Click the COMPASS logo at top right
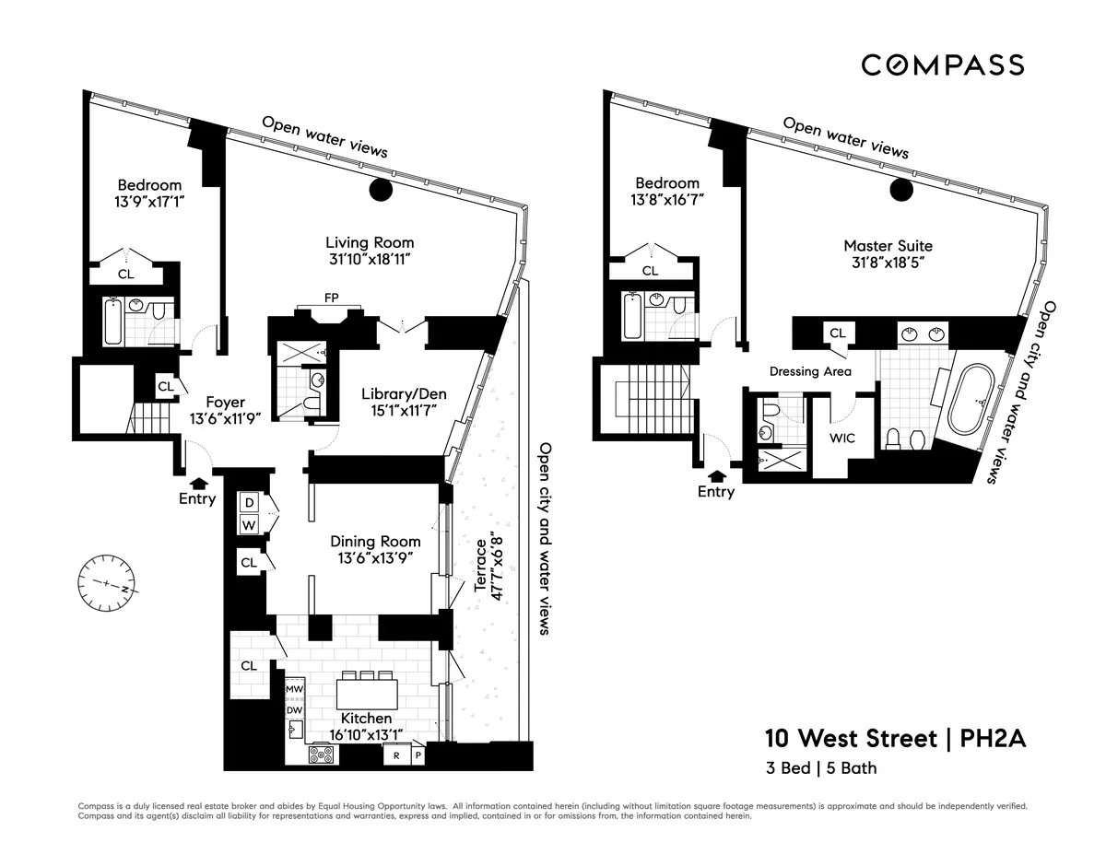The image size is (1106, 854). (x=942, y=64)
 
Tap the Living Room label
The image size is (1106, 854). (x=368, y=242)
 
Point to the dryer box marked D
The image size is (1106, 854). (x=249, y=503)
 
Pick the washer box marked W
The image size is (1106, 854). (x=249, y=525)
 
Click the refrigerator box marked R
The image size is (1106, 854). (x=395, y=755)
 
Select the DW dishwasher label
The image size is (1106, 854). (x=294, y=709)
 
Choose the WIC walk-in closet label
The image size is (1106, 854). (x=842, y=438)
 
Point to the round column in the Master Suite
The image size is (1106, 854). (x=900, y=189)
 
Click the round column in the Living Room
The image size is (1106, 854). (x=381, y=191)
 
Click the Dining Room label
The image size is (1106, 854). (x=375, y=542)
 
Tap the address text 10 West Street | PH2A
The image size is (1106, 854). (x=894, y=738)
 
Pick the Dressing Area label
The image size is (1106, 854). (x=810, y=371)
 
